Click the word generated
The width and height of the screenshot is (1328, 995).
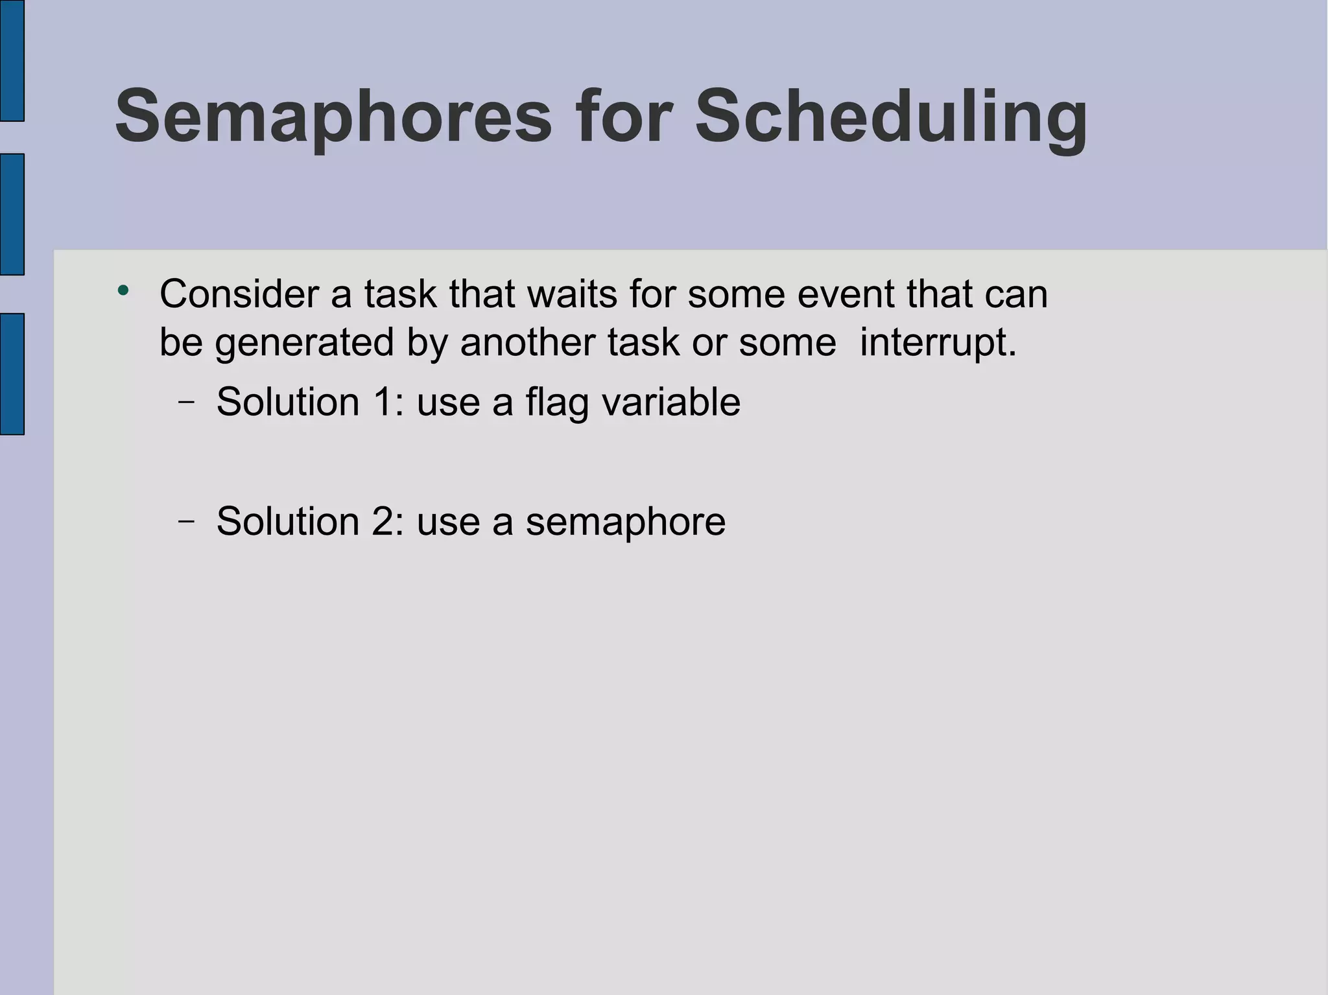coord(305,344)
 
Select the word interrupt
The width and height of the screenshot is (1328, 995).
coord(938,344)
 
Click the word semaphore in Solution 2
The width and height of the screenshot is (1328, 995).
coord(626,522)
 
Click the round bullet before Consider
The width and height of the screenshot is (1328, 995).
coord(123,291)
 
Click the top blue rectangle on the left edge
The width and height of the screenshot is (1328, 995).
coord(12,60)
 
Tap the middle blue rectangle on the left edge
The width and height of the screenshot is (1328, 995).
coord(12,214)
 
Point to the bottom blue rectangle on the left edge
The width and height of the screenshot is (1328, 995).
coord(12,373)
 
